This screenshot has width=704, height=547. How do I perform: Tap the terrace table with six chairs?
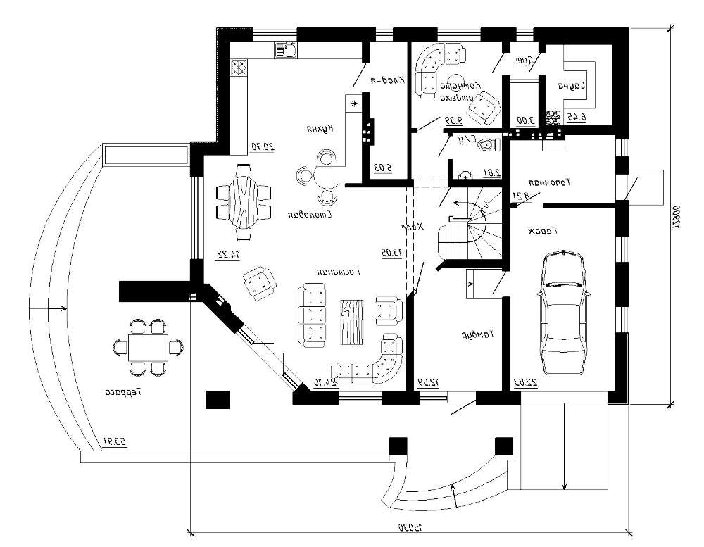point(148,346)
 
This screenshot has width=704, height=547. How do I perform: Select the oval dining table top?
point(243,200)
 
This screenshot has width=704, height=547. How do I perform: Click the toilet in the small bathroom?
point(486,145)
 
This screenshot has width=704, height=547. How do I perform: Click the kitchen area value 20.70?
point(261,146)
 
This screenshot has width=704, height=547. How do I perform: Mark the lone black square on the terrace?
point(218,400)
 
